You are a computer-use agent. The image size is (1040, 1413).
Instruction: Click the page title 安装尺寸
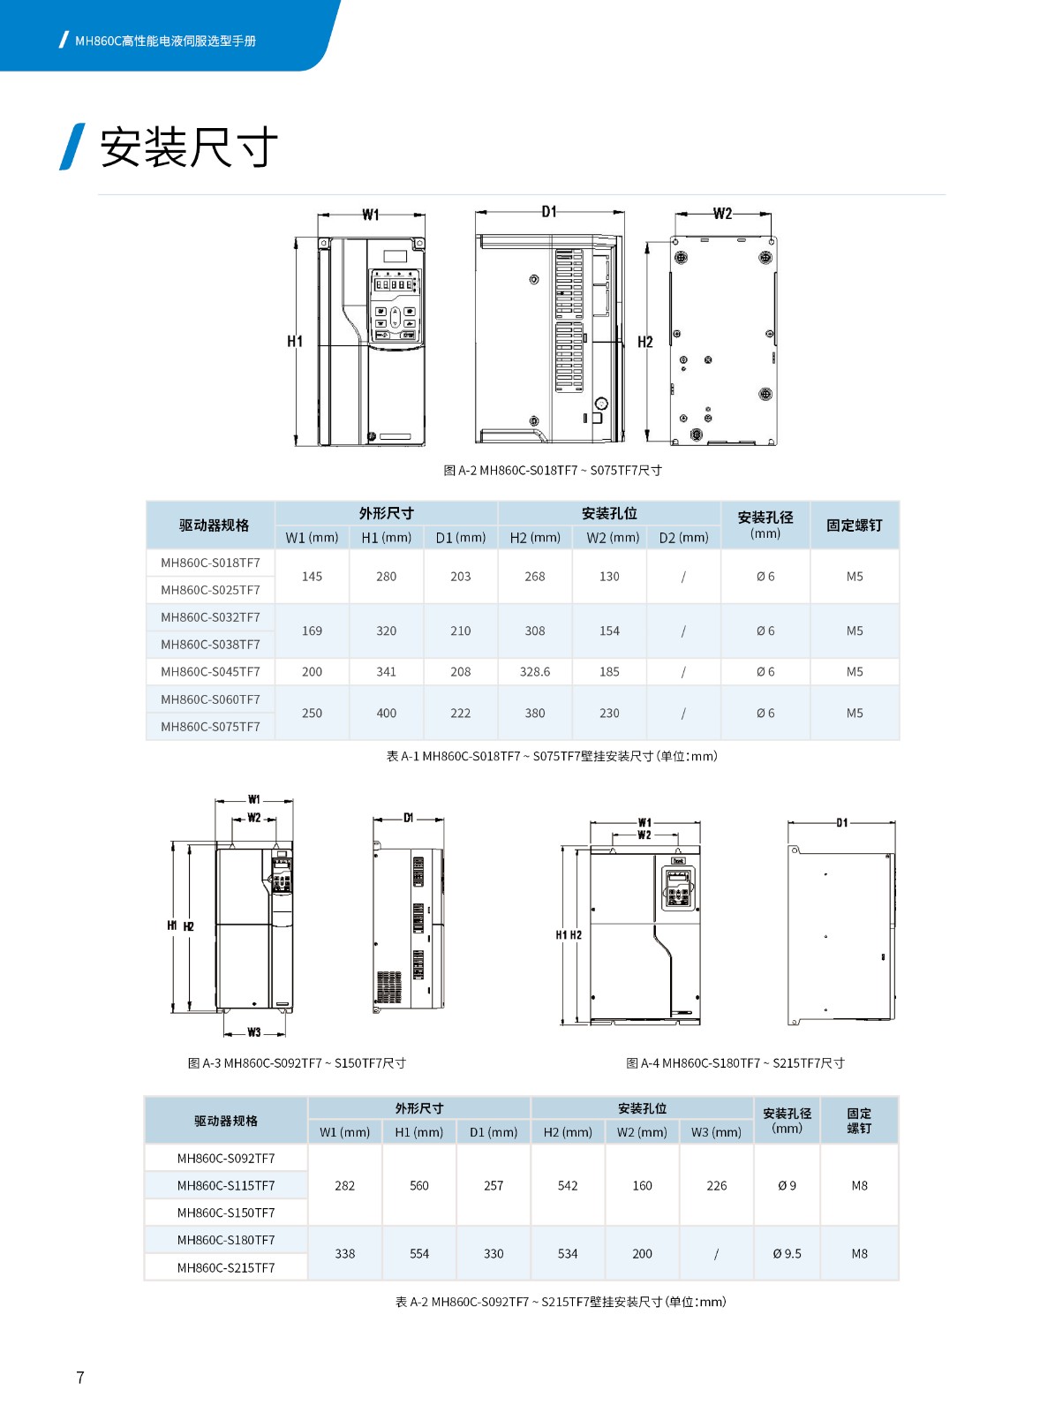click(188, 147)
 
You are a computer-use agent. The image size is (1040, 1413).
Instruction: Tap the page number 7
click(80, 1377)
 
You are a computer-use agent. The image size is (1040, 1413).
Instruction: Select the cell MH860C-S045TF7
click(210, 672)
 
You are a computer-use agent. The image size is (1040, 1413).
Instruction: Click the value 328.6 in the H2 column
click(535, 672)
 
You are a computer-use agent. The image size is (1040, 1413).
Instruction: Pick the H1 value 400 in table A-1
click(387, 714)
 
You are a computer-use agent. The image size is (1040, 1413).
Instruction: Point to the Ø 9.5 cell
click(787, 1254)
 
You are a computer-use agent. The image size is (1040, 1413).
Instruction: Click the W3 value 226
click(717, 1186)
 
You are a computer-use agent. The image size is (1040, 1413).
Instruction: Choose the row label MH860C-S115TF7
click(226, 1186)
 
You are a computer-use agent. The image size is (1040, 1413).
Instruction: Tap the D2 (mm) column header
click(683, 537)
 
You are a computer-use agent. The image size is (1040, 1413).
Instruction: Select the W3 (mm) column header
click(716, 1132)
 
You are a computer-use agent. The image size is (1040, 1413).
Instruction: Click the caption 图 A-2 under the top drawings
click(552, 471)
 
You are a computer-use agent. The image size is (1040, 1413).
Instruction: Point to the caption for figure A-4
click(735, 1063)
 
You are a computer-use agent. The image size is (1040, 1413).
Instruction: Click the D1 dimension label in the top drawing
click(549, 212)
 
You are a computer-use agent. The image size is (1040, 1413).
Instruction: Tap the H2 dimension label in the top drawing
click(645, 342)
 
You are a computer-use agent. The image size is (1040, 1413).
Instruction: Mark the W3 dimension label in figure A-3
click(254, 1032)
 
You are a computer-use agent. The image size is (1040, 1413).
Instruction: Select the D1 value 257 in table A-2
click(494, 1186)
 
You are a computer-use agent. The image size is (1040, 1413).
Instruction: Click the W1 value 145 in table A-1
click(312, 577)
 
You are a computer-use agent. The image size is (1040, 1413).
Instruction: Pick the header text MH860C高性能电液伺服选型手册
click(165, 41)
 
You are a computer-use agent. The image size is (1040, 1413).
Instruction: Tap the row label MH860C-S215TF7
click(226, 1268)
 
